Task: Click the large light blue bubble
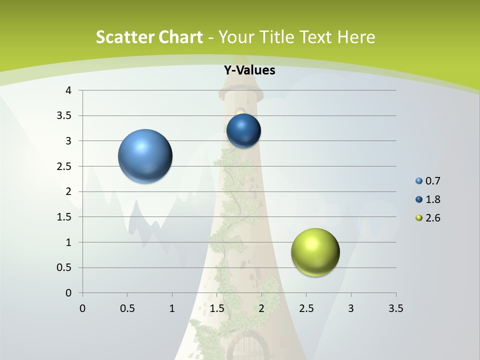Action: (145, 156)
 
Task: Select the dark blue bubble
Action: (243, 131)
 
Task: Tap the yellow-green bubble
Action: (315, 252)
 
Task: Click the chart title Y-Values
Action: (249, 70)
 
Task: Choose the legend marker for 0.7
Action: (419, 181)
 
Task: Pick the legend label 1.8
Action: (433, 199)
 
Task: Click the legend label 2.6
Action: (433, 218)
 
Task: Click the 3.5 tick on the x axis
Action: (395, 308)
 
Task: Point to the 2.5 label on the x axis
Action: (306, 308)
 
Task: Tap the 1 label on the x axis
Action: (172, 308)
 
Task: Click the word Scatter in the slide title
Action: (124, 37)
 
